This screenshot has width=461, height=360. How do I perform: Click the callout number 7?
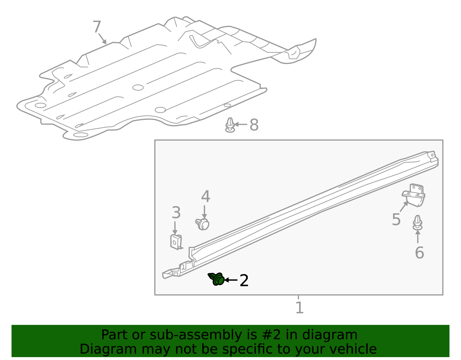[97, 27]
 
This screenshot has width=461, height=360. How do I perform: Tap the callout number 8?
[254, 125]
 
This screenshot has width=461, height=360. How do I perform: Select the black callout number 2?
[244, 280]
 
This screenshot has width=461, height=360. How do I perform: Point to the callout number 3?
[176, 213]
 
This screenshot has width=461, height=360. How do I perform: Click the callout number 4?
[205, 197]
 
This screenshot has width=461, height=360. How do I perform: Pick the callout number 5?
[396, 219]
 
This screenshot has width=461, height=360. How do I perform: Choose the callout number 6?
[419, 252]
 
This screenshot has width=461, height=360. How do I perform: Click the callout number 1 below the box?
[299, 308]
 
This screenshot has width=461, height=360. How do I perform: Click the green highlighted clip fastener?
[217, 279]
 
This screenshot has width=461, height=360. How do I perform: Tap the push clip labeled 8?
[230, 125]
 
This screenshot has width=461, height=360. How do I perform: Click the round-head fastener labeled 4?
[203, 224]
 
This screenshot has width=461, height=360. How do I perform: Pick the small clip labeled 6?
[418, 223]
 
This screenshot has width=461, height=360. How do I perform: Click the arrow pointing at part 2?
[231, 280]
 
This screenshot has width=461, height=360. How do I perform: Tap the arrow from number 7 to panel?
[102, 39]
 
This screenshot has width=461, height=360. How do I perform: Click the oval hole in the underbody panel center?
[138, 87]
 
